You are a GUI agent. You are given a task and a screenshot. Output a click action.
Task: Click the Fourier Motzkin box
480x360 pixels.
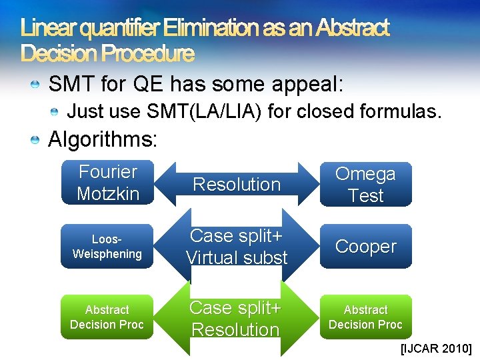tap(107, 183)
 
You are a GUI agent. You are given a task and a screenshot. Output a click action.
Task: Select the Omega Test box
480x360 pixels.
tap(365, 185)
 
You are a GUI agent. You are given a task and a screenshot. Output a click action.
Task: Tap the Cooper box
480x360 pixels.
tap(365, 247)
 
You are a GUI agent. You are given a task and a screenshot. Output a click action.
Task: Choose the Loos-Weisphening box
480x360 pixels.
tap(107, 247)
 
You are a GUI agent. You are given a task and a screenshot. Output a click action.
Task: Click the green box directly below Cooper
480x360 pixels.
tap(365, 317)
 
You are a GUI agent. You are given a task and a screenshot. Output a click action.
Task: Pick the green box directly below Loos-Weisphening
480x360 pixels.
tap(107, 317)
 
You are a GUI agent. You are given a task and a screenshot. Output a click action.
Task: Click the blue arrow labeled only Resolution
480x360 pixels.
tap(237, 185)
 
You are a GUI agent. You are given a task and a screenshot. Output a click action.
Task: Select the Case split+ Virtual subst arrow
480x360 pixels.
tap(237, 247)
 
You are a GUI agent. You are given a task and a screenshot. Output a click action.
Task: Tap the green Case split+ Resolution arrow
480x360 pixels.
tap(237, 319)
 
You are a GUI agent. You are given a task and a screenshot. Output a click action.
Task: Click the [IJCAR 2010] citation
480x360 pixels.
tap(436, 348)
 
